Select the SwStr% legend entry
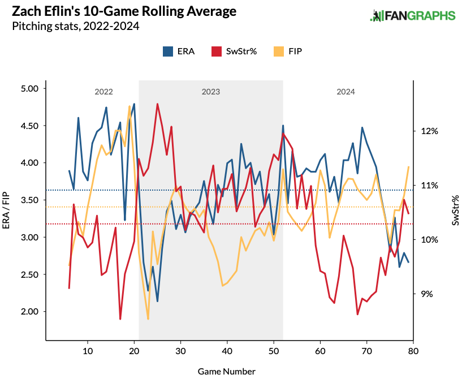point(234,51)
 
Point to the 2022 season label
point(103,92)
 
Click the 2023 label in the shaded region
point(210,92)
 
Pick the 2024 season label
point(346,92)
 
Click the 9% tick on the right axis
point(429,294)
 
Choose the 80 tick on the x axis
point(413,351)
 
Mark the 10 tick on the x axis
point(87,351)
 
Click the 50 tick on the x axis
point(274,351)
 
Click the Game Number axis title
point(226,372)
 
